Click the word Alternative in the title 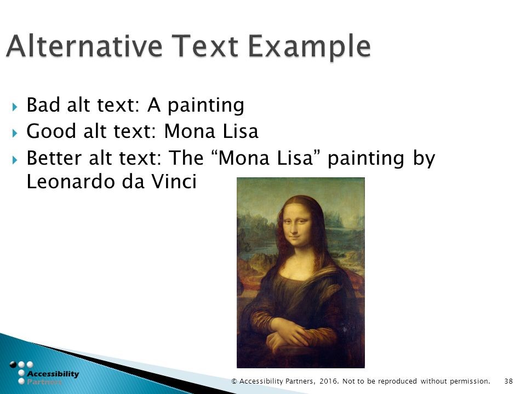point(84,45)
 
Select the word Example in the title point(309,47)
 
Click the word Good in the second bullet point(52,131)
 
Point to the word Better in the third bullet point(54,158)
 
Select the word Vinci point(174,181)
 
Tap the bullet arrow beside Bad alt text point(15,107)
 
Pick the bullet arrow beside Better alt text point(15,160)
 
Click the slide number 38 point(508,381)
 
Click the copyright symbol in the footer point(234,381)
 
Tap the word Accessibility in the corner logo point(53,374)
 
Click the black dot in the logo point(13,364)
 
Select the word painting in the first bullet point(205,106)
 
